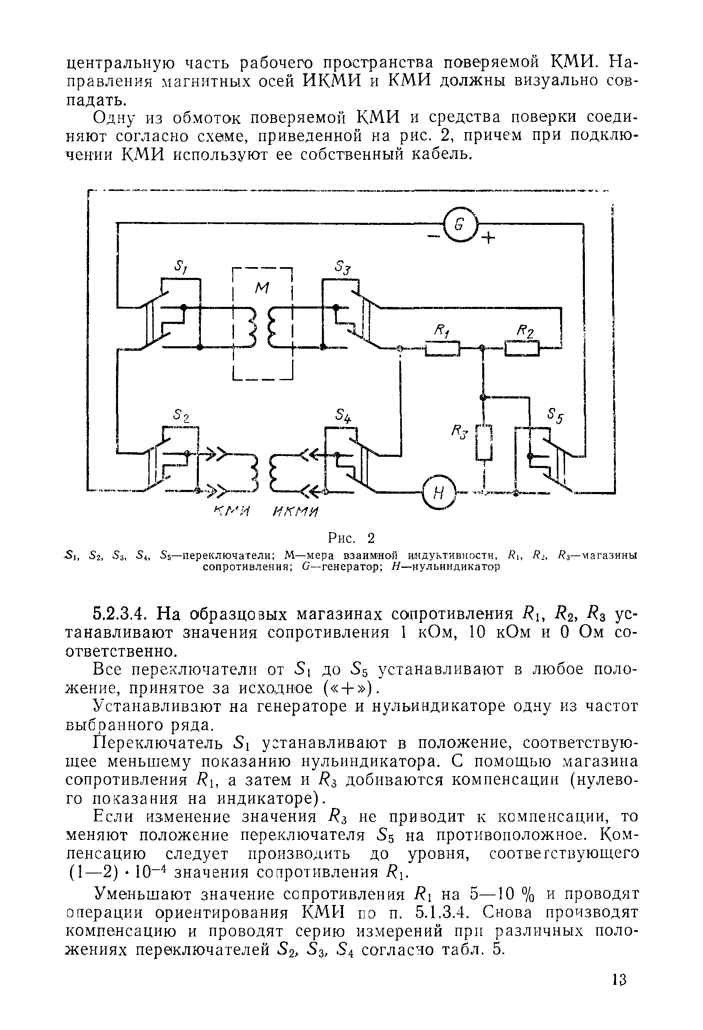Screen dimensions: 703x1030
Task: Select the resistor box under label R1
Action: click(443, 348)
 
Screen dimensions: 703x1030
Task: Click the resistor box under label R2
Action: click(522, 348)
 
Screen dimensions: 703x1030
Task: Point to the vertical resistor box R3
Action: click(484, 442)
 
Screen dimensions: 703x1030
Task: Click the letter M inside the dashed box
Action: click(262, 289)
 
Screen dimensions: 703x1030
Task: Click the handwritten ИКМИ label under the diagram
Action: click(296, 513)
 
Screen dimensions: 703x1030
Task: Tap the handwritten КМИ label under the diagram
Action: click(232, 513)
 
